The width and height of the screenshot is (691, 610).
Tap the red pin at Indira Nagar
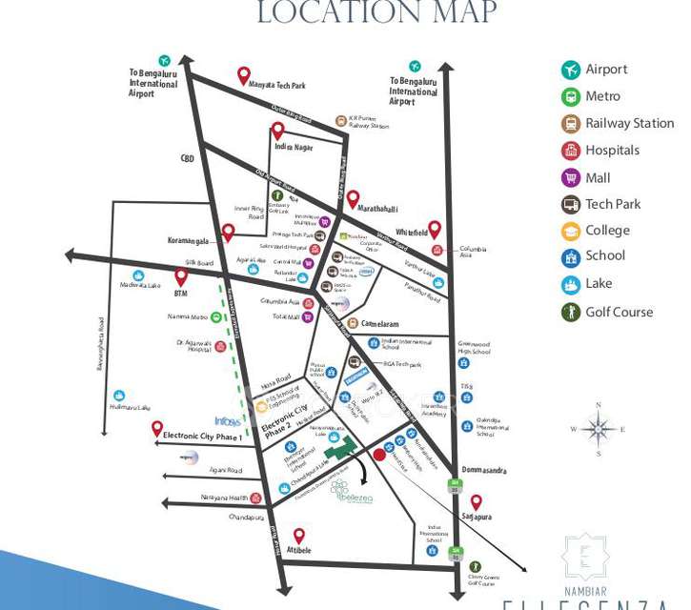click(x=277, y=131)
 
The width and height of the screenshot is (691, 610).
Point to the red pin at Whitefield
click(x=435, y=230)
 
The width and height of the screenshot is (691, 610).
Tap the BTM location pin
click(x=181, y=276)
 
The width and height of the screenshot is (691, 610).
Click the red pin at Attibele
click(x=299, y=537)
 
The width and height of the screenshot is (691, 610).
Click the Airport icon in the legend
click(x=571, y=70)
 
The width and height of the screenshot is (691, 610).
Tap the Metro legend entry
click(x=602, y=96)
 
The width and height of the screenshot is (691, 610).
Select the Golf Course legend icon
click(x=571, y=312)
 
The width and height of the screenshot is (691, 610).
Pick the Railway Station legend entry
click(x=629, y=123)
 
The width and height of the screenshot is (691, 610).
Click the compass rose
click(x=598, y=430)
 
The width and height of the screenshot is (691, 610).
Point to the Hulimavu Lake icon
click(x=119, y=395)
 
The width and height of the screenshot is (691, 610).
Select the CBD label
click(x=188, y=158)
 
